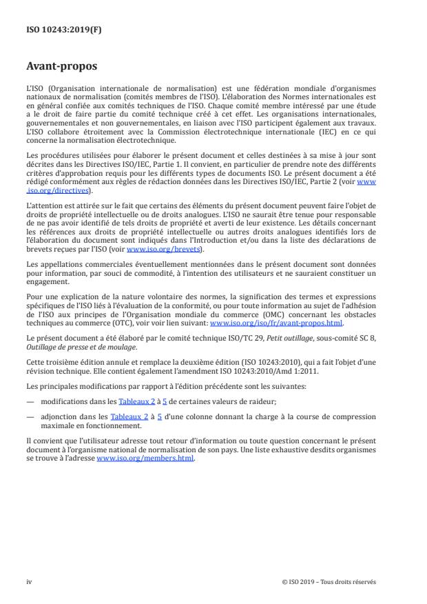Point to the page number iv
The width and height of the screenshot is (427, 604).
point(30,581)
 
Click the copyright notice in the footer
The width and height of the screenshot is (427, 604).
point(329,581)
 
